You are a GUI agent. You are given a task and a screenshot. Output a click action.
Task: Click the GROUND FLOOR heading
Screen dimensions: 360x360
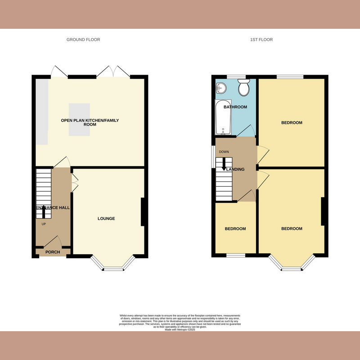[83, 40]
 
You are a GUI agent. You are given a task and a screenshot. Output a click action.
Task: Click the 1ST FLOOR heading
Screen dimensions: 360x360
[261, 40]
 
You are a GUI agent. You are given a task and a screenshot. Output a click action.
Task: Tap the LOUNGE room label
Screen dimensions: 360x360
[107, 219]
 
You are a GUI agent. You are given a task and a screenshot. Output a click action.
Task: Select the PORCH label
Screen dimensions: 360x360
[53, 252]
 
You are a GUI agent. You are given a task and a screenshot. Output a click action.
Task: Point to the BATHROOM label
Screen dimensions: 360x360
[236, 107]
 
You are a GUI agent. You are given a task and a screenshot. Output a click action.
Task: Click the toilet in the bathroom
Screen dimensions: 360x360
[244, 88]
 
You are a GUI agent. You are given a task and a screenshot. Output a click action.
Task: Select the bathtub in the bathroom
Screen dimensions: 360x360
[223, 118]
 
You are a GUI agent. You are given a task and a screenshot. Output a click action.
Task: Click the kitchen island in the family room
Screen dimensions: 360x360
[79, 119]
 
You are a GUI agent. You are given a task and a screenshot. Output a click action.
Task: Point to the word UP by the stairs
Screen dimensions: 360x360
[44, 224]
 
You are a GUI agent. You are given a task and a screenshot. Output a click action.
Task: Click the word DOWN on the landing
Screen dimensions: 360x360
[224, 152]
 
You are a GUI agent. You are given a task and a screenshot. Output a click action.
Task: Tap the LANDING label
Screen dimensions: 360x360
[235, 170]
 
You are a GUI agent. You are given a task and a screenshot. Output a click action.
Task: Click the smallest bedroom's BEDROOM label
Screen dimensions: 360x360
[235, 229]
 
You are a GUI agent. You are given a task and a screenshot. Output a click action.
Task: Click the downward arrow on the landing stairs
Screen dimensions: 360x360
[224, 165]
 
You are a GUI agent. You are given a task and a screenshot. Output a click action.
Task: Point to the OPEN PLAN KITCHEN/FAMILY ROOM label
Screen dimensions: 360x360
[90, 122]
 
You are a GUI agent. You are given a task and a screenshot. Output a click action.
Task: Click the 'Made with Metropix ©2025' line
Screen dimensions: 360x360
[180, 330]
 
